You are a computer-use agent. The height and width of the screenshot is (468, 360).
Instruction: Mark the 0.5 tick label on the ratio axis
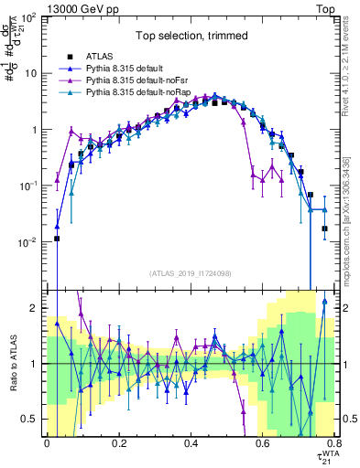coord(30,419)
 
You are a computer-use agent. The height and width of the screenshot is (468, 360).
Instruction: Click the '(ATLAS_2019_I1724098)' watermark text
coord(190,273)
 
